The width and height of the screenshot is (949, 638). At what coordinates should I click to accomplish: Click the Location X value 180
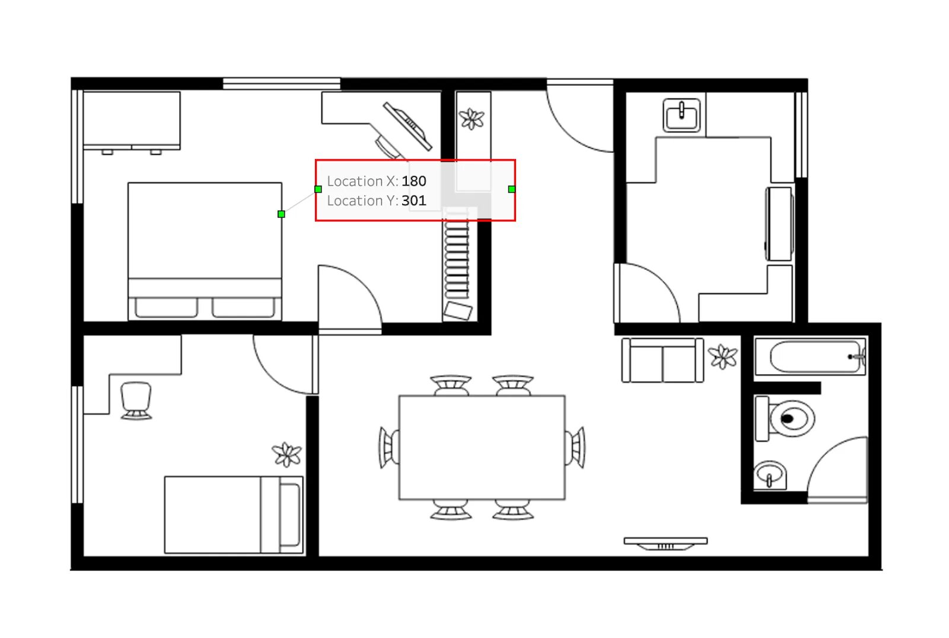[413, 181]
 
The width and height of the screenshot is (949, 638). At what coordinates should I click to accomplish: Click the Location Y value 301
[413, 200]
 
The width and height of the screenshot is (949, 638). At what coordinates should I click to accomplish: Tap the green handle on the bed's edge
[281, 214]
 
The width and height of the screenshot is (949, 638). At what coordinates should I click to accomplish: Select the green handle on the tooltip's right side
[512, 189]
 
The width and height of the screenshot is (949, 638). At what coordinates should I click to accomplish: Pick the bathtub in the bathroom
[810, 356]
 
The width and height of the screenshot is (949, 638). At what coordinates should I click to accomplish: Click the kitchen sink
[682, 114]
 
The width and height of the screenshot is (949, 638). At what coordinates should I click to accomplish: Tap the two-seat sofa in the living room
[662, 361]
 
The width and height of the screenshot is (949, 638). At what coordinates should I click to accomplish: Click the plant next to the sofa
[723, 357]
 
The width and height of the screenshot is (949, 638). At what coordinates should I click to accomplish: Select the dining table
[482, 447]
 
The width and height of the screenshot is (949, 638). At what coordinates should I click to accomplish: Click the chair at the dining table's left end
[388, 447]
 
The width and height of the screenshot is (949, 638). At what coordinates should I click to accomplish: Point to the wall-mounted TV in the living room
[665, 543]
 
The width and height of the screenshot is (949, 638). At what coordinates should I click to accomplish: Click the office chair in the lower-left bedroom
[136, 400]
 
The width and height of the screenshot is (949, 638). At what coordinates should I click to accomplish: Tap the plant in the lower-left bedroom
[287, 455]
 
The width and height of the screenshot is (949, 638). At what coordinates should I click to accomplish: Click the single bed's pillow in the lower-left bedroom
[290, 515]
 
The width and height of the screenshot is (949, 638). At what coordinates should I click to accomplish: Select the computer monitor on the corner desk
[407, 126]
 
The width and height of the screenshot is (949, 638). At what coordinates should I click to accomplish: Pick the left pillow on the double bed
[166, 307]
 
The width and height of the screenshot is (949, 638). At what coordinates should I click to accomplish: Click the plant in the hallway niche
[472, 119]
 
